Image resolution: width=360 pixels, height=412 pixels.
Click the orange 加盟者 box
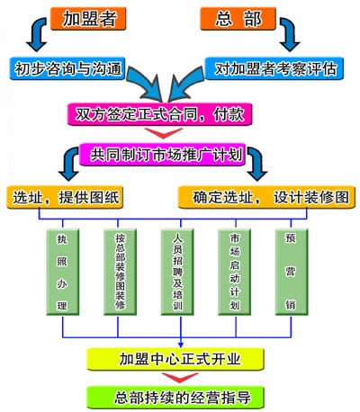88,19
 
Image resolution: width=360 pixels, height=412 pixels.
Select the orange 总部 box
238,19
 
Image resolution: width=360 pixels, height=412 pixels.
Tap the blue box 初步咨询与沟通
67,68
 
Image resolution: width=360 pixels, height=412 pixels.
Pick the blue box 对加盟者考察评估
274,68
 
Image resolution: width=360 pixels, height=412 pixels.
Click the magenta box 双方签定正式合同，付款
160,114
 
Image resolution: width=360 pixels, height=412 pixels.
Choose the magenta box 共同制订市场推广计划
162,155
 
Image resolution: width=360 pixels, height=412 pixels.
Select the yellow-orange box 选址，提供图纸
65,197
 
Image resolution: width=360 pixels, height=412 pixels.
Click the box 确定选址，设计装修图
266,197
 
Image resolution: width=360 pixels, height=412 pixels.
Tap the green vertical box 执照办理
63,273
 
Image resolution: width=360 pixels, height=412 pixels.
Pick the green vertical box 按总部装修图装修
120,273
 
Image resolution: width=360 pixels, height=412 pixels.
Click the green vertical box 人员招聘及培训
177,273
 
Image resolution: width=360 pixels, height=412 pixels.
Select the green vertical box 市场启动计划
235,273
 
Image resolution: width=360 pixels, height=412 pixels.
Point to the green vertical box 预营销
292,273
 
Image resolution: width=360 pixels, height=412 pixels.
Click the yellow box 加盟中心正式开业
175,359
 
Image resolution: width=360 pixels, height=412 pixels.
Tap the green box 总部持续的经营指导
175,398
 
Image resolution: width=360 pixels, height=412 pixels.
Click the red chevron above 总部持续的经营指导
180,378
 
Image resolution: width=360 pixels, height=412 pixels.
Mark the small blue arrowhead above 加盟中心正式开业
181,345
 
